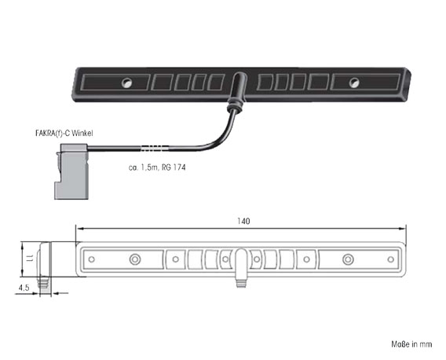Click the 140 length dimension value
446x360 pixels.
(x=243, y=221)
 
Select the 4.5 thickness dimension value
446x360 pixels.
(x=24, y=288)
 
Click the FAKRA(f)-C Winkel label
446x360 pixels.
(x=64, y=133)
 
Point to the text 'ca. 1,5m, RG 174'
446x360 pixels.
(x=157, y=167)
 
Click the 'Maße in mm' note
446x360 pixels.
(x=411, y=344)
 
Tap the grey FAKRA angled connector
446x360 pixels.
(x=71, y=171)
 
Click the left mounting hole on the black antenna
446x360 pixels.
(x=127, y=83)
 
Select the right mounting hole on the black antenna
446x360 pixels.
(x=354, y=83)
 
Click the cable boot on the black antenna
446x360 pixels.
(x=237, y=92)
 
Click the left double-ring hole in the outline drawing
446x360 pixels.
(x=135, y=259)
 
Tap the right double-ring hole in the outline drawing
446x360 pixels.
(x=348, y=259)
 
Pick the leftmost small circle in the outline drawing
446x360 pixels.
(x=92, y=259)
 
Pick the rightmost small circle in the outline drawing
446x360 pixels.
(x=391, y=259)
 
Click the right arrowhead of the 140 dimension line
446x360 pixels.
(x=402, y=229)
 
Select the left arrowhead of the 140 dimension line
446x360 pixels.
(x=79, y=229)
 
